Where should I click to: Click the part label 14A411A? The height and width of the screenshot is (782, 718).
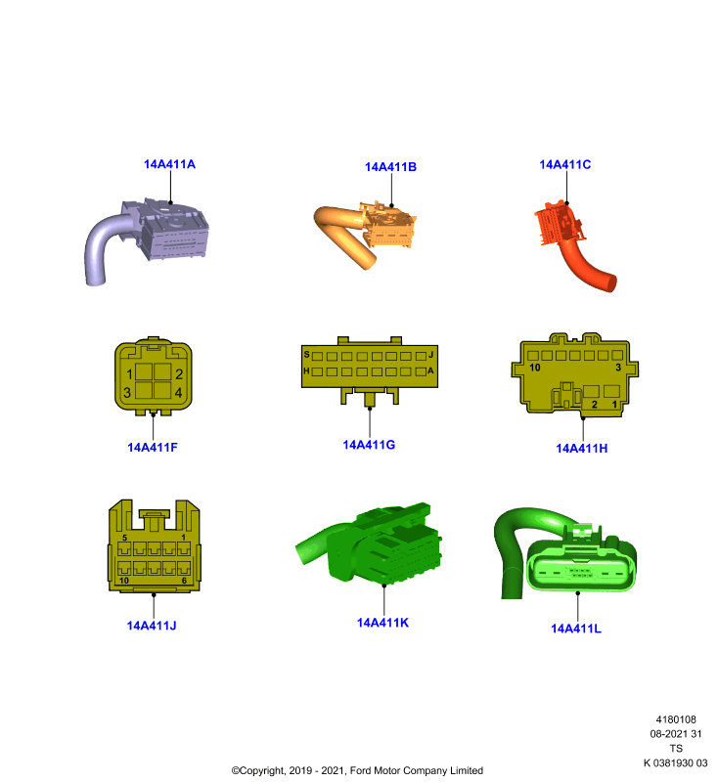[169, 164]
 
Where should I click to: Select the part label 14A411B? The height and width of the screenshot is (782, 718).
[390, 167]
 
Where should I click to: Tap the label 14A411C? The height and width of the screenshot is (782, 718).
[565, 164]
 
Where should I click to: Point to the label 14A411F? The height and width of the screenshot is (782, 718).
[153, 448]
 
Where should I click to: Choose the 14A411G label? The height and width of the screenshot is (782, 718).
[369, 445]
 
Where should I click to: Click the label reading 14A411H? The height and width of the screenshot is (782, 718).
[582, 449]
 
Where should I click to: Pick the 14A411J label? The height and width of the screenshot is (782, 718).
[152, 626]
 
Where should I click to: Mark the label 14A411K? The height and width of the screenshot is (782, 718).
[382, 623]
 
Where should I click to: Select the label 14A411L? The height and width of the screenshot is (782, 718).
[576, 629]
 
